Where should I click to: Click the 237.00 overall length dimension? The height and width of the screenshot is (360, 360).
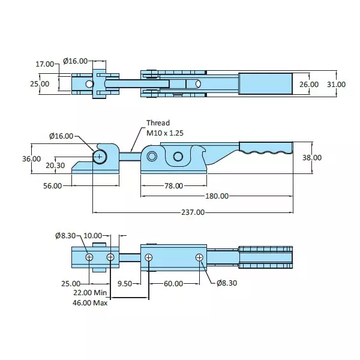pyautogui.click(x=192, y=212)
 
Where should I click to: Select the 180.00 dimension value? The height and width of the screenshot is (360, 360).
pyautogui.click(x=216, y=196)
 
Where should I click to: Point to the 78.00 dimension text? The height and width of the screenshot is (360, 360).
pyautogui.click(x=174, y=185)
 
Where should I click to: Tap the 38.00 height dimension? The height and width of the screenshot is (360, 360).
pyautogui.click(x=329, y=158)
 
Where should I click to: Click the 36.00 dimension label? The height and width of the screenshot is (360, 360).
pyautogui.click(x=31, y=159)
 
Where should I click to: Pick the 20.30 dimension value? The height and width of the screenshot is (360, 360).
pyautogui.click(x=55, y=166)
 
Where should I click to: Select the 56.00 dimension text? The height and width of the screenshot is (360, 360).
pyautogui.click(x=53, y=185)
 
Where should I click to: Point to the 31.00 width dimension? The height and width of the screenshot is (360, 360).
pyautogui.click(x=337, y=85)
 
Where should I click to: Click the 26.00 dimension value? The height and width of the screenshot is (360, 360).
pyautogui.click(x=309, y=85)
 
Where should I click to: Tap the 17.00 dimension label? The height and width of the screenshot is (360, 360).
pyautogui.click(x=44, y=63)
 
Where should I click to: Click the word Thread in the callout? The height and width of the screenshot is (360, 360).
pyautogui.click(x=158, y=123)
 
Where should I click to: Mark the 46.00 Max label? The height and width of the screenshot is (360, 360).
pyautogui.click(x=89, y=303)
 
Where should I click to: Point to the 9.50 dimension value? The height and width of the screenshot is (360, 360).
pyautogui.click(x=125, y=283)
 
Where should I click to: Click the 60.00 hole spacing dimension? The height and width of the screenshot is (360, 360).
pyautogui.click(x=173, y=283)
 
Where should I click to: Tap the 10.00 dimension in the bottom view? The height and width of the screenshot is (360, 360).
pyautogui.click(x=93, y=236)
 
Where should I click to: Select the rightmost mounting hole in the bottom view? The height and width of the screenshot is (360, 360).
pyautogui.click(x=199, y=257)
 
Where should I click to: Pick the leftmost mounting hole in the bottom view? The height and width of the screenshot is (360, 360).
pyautogui.click(x=89, y=257)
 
